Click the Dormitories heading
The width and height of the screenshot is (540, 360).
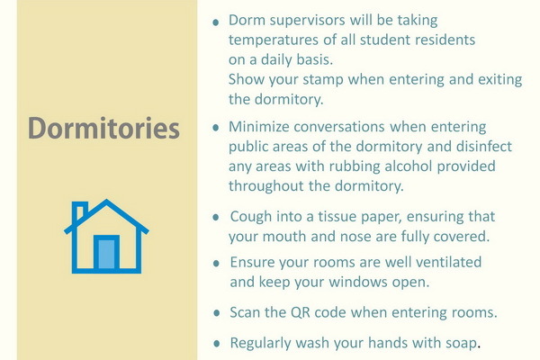(x=103, y=128)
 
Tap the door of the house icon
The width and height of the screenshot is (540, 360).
(x=106, y=253)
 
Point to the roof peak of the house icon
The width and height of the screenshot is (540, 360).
(x=106, y=200)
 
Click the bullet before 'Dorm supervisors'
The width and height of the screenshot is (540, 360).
(x=216, y=22)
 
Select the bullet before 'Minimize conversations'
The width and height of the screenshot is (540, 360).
(x=216, y=128)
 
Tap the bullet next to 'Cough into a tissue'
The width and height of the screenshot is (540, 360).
(x=216, y=218)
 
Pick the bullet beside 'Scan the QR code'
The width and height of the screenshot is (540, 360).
(x=217, y=313)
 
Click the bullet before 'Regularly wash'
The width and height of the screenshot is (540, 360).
(x=217, y=344)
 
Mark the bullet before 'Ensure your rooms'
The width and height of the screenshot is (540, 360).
(x=216, y=264)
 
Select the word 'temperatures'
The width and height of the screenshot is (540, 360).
(x=274, y=40)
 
